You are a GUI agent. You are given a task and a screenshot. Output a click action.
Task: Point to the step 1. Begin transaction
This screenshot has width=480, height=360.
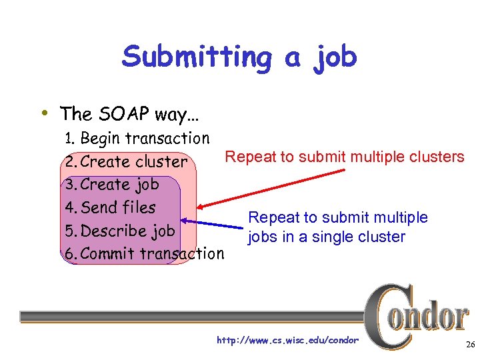tap(137, 139)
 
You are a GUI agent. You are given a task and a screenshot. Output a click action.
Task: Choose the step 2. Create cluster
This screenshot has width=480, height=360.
tap(126, 161)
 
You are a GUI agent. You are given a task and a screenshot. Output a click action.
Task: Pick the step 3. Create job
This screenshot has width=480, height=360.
tap(111, 185)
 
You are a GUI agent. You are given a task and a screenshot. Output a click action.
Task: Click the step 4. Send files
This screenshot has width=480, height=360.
tap(109, 207)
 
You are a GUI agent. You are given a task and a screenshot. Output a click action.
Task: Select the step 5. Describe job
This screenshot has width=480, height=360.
tap(119, 231)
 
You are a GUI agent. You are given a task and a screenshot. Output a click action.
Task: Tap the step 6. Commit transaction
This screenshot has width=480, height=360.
tap(144, 253)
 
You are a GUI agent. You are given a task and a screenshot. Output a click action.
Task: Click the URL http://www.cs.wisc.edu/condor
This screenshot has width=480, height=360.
tap(287, 341)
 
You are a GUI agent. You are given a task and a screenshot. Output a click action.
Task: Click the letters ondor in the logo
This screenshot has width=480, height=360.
tap(433, 317)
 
